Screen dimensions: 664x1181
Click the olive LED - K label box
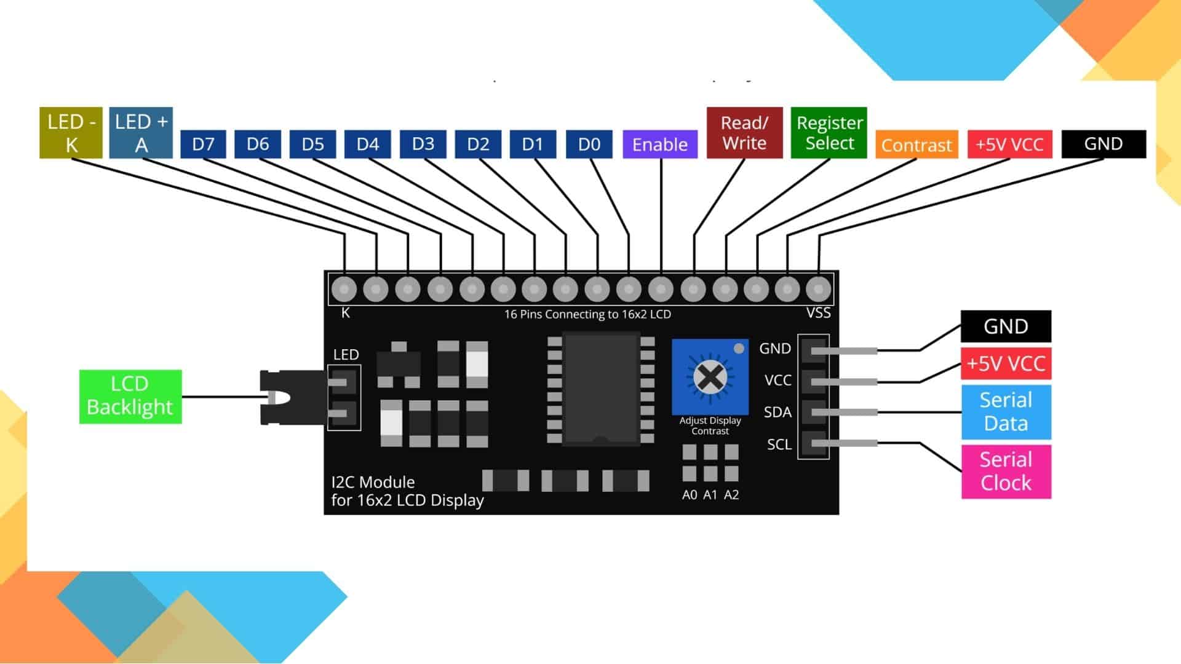click(71, 133)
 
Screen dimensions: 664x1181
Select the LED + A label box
click(141, 133)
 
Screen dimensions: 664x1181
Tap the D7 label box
click(203, 144)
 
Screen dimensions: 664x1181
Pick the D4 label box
click(367, 144)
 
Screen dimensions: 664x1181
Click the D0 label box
click(589, 144)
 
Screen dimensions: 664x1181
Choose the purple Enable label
click(660, 144)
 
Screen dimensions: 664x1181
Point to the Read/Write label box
click(744, 133)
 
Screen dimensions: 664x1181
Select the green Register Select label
click(829, 133)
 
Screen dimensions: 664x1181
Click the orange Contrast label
click(917, 145)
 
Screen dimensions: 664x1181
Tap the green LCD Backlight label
click(130, 397)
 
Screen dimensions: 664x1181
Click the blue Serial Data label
click(1006, 412)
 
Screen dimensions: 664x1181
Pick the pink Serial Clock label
click(1006, 472)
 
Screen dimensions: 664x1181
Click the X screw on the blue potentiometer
click(710, 377)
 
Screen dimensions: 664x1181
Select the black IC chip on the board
click(601, 388)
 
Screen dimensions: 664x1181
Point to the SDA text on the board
click(777, 413)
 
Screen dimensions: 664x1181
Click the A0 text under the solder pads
click(690, 495)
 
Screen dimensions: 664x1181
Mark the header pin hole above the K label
click(344, 288)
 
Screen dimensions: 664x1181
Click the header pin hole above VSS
click(818, 288)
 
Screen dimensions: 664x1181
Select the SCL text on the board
click(779, 445)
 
